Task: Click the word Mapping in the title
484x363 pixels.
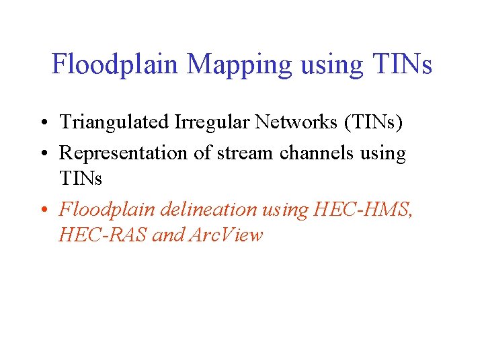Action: point(240,65)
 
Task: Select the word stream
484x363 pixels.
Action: point(244,153)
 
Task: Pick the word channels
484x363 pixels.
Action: point(313,153)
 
